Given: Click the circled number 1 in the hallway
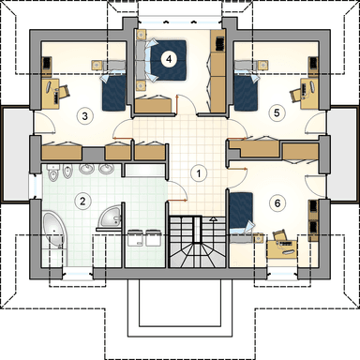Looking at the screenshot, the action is click(x=198, y=173).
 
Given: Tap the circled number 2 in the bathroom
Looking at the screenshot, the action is click(x=82, y=201).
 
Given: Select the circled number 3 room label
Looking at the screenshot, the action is click(x=84, y=116).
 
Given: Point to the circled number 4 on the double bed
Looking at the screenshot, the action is click(x=169, y=58).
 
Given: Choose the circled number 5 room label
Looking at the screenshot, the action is click(x=277, y=112).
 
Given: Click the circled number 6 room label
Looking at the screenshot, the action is click(x=277, y=203).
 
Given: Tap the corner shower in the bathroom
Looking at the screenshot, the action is click(x=110, y=217).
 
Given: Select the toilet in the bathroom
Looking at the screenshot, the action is click(x=53, y=172).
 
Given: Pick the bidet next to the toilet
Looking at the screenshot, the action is click(x=67, y=172).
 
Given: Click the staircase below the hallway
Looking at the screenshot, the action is click(x=197, y=242).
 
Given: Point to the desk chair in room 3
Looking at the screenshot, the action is click(x=64, y=92).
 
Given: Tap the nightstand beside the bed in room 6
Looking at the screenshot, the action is click(x=260, y=239).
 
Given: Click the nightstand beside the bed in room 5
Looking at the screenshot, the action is click(x=263, y=65).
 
